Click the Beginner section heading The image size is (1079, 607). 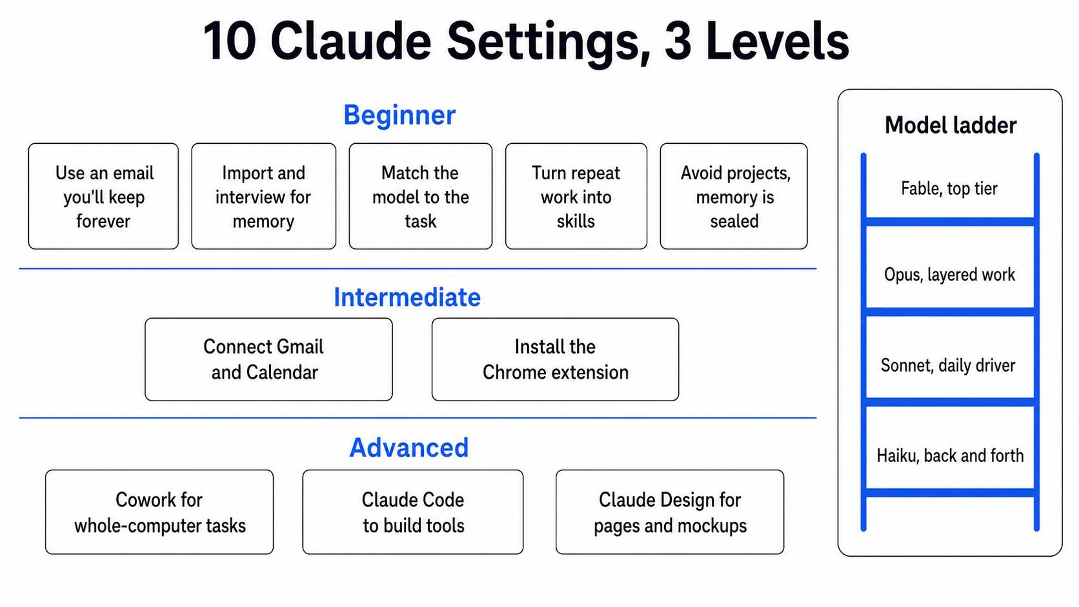(x=399, y=115)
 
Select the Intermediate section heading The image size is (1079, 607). (x=407, y=297)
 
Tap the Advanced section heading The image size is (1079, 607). (x=409, y=448)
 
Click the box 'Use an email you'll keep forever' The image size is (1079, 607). (x=103, y=196)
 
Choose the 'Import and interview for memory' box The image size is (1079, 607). (x=263, y=196)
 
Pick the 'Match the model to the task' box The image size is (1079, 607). (x=421, y=196)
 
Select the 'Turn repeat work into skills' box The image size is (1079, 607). (x=576, y=196)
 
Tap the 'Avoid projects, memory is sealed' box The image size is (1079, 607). (x=734, y=196)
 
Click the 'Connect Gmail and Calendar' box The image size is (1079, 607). (x=269, y=359)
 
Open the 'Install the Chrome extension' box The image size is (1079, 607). (x=556, y=359)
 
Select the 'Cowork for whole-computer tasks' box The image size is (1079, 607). (x=159, y=512)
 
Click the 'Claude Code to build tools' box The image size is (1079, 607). (x=413, y=512)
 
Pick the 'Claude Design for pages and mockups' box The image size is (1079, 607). (x=670, y=512)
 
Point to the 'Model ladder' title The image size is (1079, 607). (x=951, y=125)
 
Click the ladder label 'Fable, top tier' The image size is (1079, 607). (x=949, y=189)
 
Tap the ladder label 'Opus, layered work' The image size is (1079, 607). (x=949, y=275)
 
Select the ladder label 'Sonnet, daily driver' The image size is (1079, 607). (x=948, y=365)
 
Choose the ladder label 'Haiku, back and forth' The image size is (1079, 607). (x=950, y=455)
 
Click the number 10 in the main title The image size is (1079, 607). (x=230, y=41)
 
